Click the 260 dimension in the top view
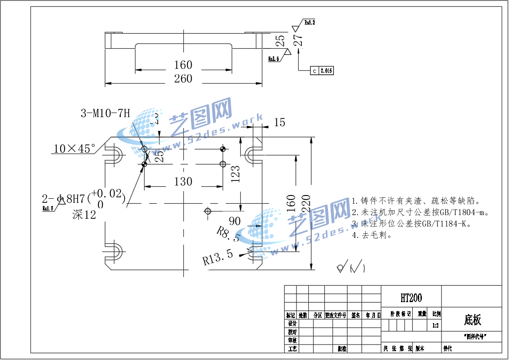click(x=183, y=79)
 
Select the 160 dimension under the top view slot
click(x=183, y=65)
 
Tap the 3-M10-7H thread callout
click(x=105, y=113)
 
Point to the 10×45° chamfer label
click(x=75, y=149)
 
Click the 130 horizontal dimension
click(x=183, y=182)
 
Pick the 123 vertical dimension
click(x=235, y=174)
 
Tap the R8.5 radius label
click(x=228, y=233)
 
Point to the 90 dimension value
click(x=234, y=221)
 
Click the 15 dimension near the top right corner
click(x=279, y=122)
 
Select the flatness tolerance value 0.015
click(x=327, y=71)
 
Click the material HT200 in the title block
click(x=411, y=298)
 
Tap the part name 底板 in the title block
click(x=473, y=320)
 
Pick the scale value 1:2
click(x=436, y=326)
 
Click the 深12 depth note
click(x=84, y=215)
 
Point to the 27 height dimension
click(x=298, y=40)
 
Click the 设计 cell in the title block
click(x=292, y=323)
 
